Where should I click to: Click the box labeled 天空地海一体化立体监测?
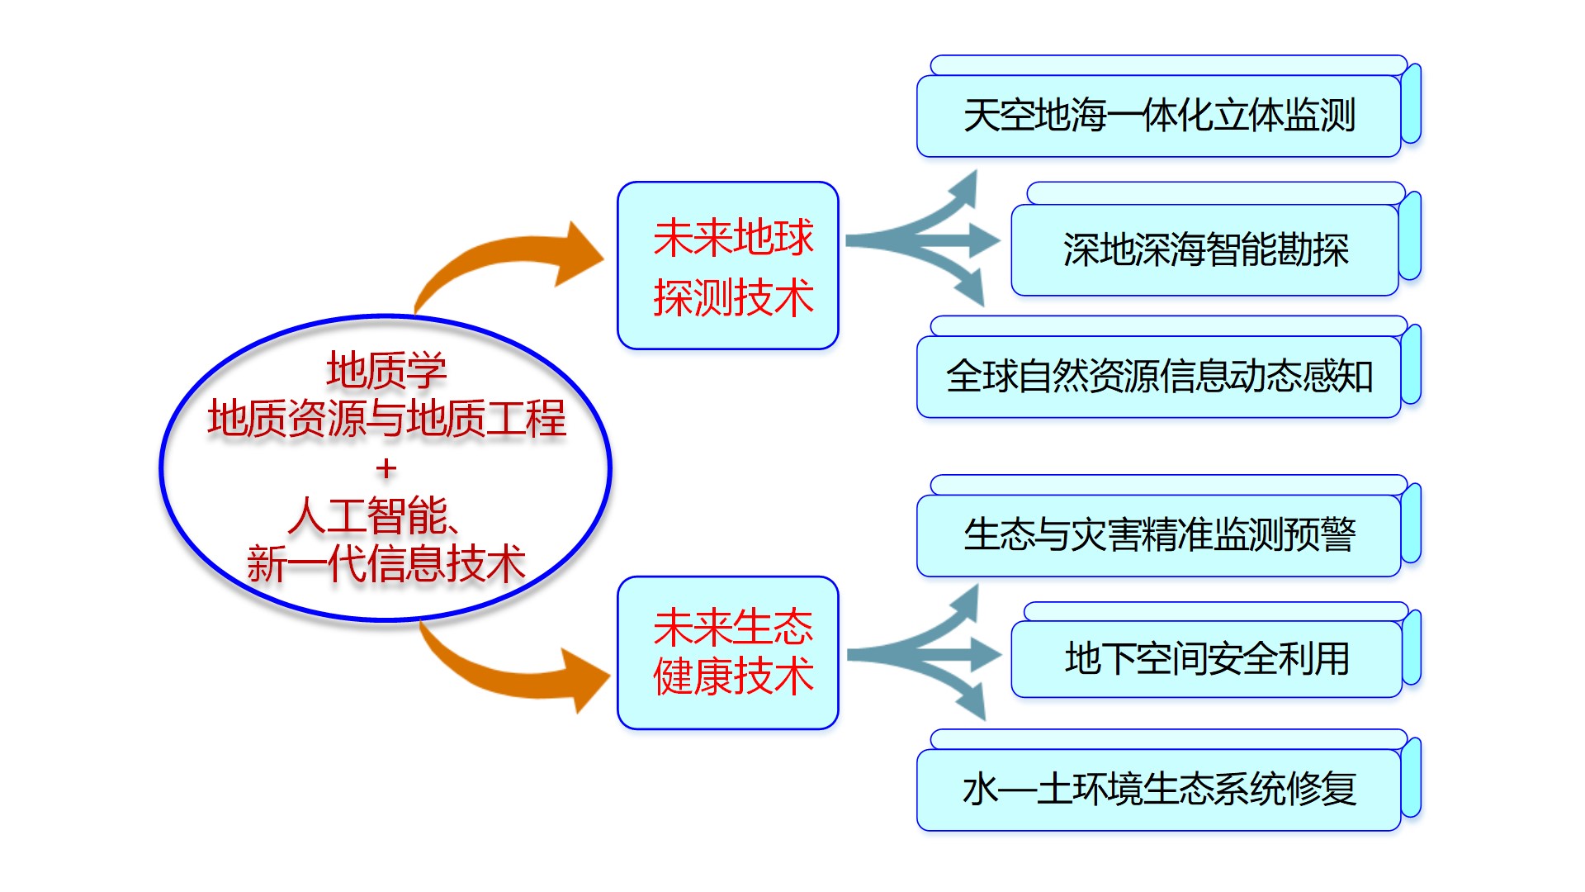pyautogui.click(x=1159, y=116)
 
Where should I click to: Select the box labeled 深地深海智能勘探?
pyautogui.click(x=1205, y=249)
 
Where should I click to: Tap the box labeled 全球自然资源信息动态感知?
pyautogui.click(x=1159, y=377)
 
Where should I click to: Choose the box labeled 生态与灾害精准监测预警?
pyautogui.click(x=1159, y=534)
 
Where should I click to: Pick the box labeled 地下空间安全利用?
pyautogui.click(x=1206, y=659)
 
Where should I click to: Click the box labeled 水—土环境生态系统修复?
pyautogui.click(x=1159, y=790)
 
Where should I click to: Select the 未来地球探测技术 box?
pyautogui.click(x=727, y=265)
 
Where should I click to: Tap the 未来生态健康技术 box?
pyautogui.click(x=727, y=652)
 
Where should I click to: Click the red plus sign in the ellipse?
pyautogui.click(x=386, y=469)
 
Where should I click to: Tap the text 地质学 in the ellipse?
pyautogui.click(x=386, y=370)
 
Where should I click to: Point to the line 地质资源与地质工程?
pyautogui.click(x=386, y=418)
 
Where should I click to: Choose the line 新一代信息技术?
pyautogui.click(x=386, y=564)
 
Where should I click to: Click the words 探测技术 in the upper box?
pyautogui.click(x=733, y=297)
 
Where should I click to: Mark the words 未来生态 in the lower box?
pyautogui.click(x=733, y=628)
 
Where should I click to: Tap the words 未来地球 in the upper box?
pyautogui.click(x=733, y=238)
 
